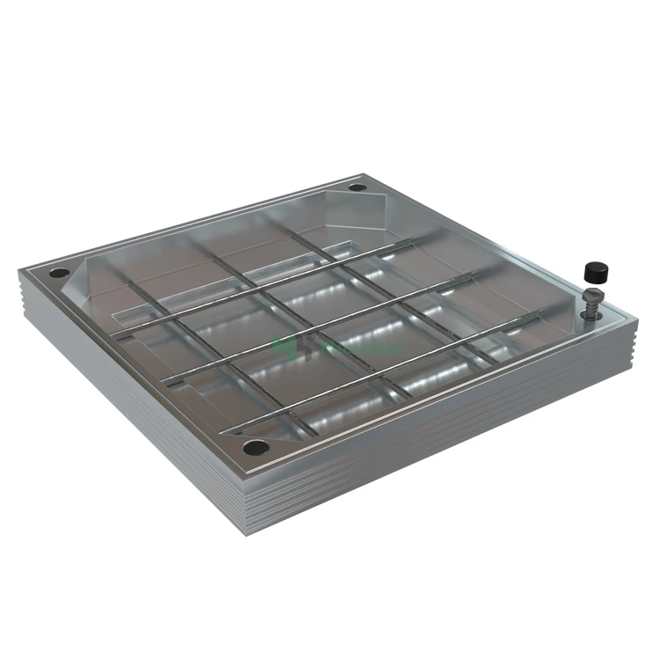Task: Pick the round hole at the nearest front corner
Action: [254, 448]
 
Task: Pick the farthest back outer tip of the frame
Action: [363, 173]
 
